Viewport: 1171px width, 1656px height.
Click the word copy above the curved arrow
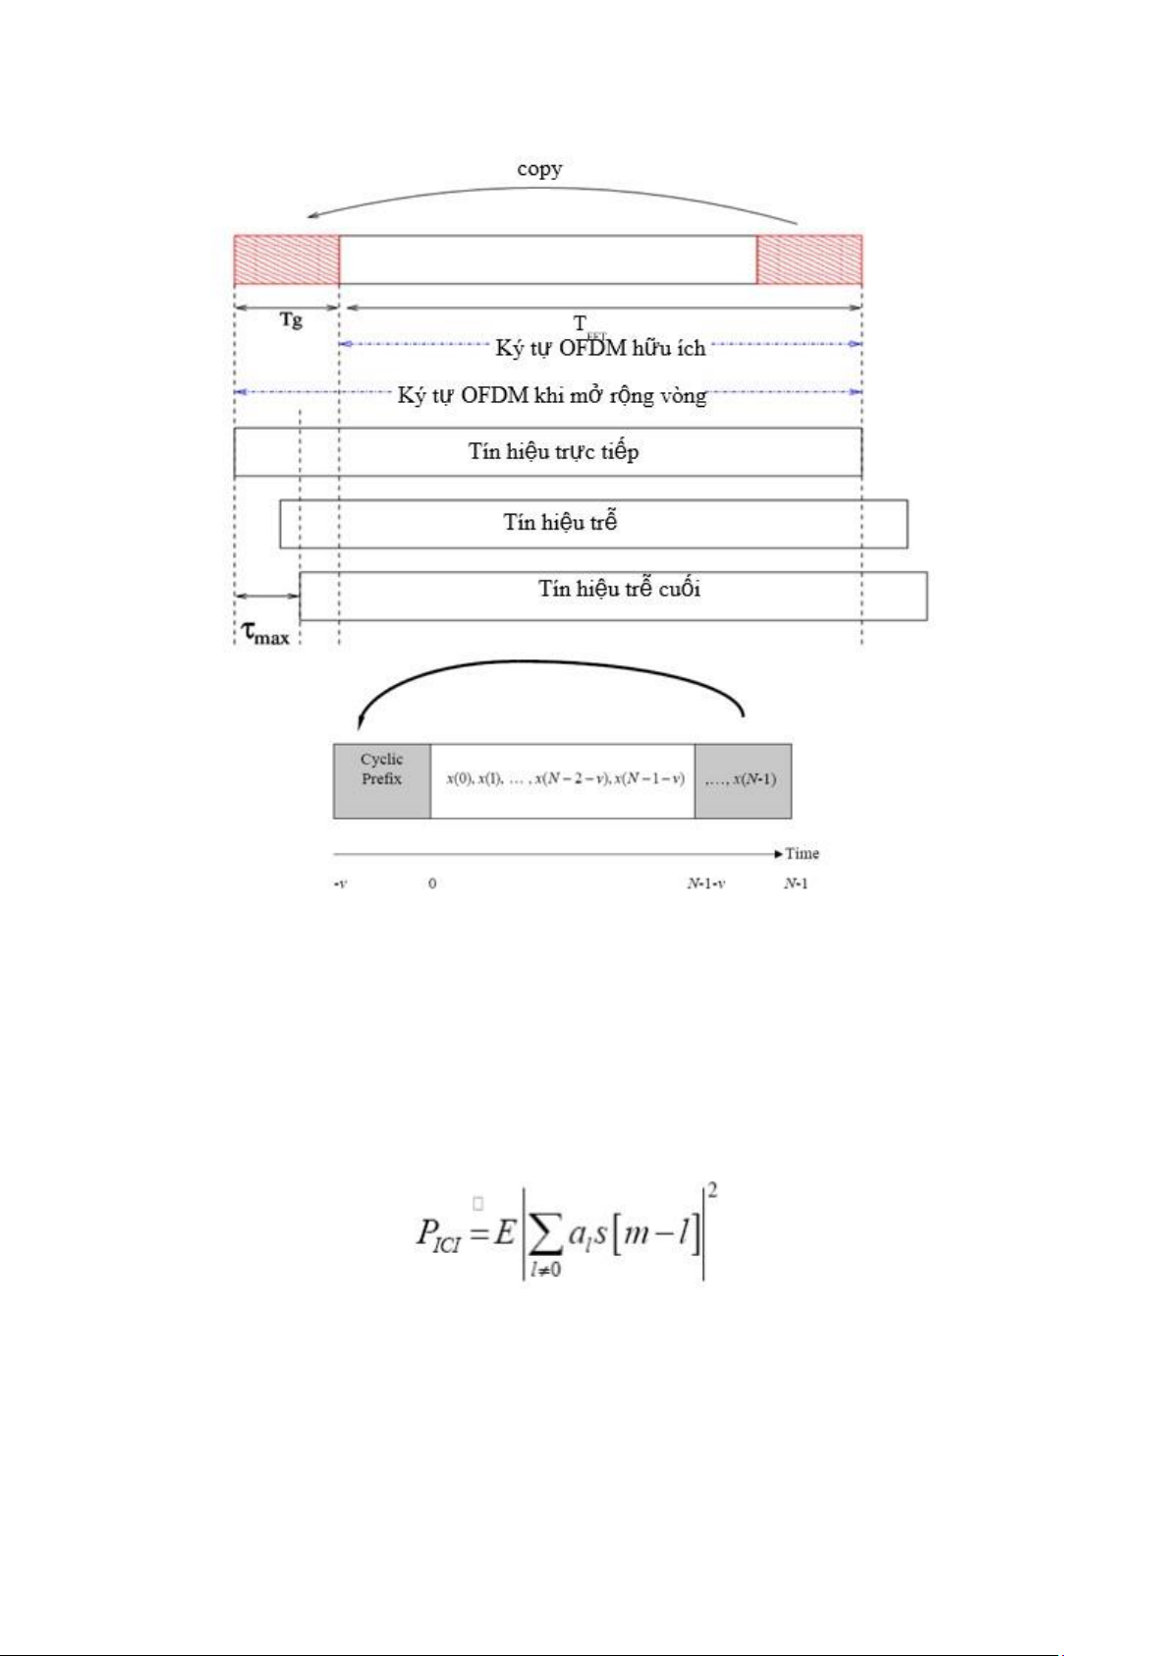coord(539,169)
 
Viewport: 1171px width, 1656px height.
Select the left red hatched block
coord(286,260)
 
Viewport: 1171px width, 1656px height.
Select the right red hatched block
coord(809,260)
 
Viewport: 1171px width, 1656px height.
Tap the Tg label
coord(291,320)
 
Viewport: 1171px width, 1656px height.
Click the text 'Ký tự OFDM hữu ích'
coord(600,348)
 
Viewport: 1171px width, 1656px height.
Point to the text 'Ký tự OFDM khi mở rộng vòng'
coord(551,395)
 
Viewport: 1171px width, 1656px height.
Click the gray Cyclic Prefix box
coord(381,781)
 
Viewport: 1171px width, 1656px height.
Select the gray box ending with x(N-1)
coord(743,781)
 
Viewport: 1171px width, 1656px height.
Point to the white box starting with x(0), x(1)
coord(563,781)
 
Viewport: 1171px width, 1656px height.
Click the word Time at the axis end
coord(802,853)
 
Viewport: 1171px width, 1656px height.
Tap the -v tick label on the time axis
coord(340,884)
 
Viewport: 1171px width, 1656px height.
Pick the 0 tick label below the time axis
coord(432,884)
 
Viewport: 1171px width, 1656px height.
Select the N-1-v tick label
coord(706,884)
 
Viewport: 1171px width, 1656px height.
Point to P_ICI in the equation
coord(438,1234)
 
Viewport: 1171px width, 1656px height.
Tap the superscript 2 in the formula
coord(712,1191)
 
